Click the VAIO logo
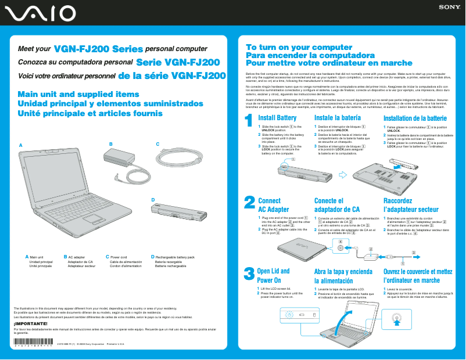39,13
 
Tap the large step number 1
249,121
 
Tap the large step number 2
249,202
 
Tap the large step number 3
249,273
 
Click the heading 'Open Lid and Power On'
273,275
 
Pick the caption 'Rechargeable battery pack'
174,257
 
